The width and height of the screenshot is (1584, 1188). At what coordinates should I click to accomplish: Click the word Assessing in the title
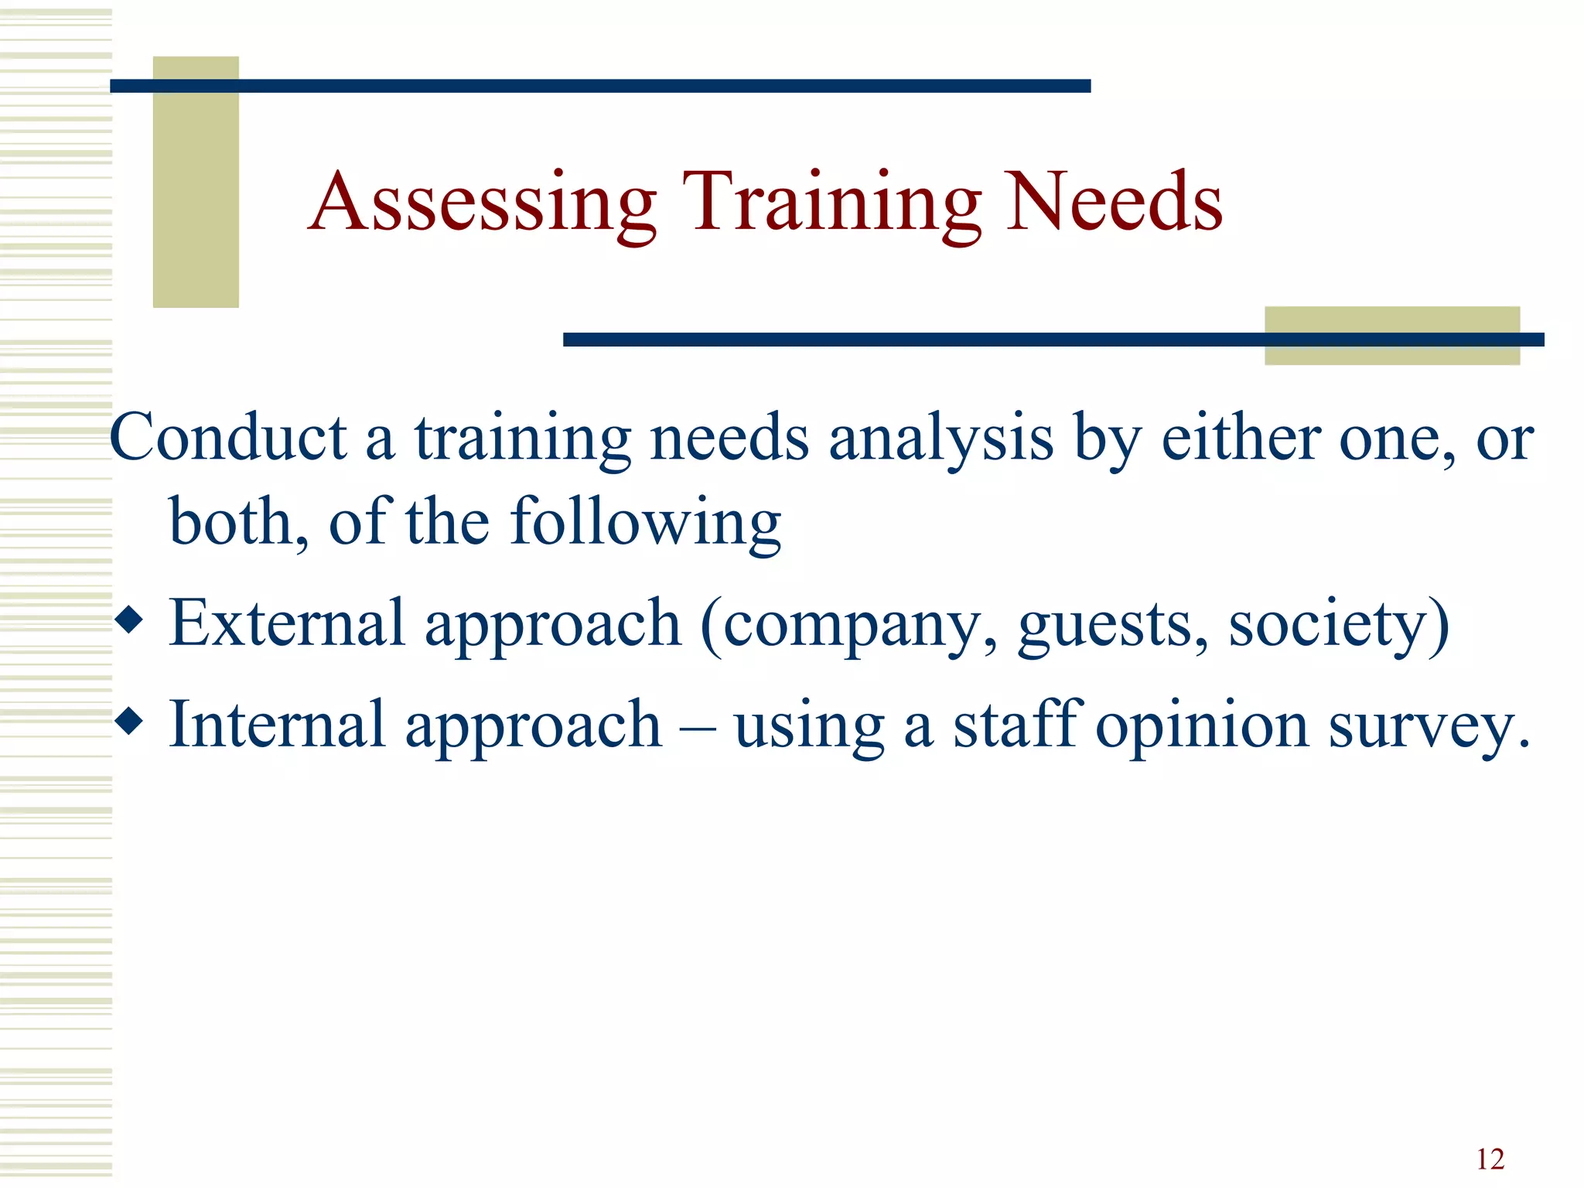coord(483,203)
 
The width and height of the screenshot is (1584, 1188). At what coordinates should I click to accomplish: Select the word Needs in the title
coord(1114,203)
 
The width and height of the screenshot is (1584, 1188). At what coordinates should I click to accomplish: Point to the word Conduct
coord(228,438)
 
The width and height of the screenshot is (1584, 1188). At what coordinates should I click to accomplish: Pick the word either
coord(1241,438)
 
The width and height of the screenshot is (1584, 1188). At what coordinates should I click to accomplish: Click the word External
coord(287,623)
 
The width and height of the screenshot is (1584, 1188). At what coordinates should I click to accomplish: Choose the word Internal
coord(277,724)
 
